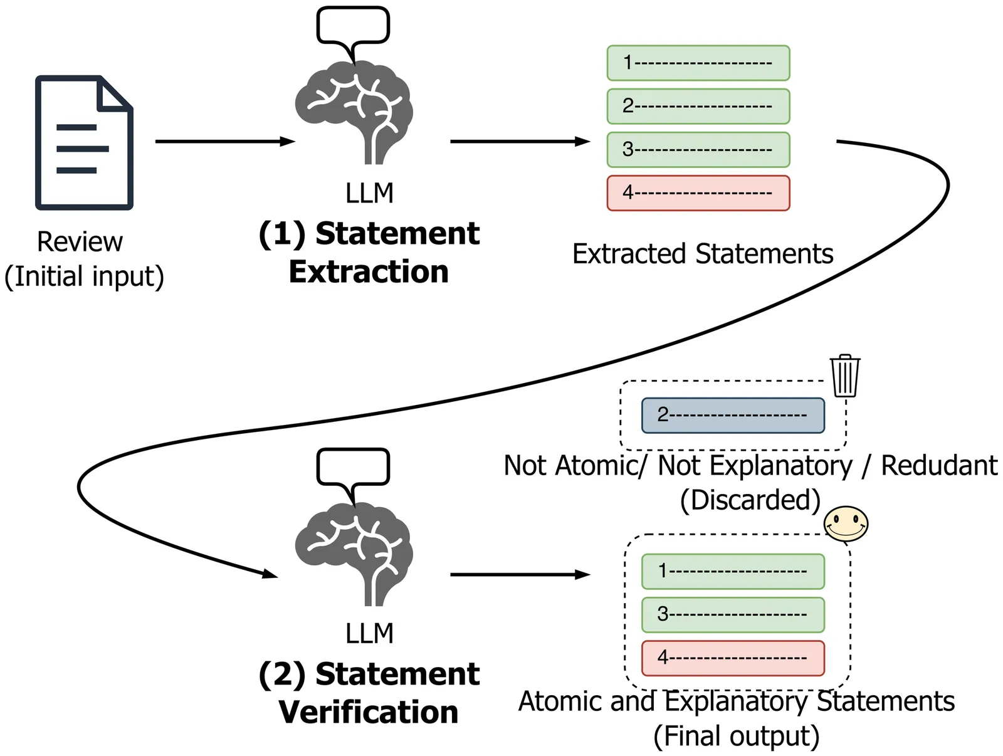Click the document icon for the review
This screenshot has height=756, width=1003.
point(84,142)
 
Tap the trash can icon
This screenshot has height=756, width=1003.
point(845,375)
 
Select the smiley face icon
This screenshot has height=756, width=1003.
point(846,524)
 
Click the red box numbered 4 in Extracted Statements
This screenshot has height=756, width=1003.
point(698,193)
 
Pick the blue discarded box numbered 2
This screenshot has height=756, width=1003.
point(733,415)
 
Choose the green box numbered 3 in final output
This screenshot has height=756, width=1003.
point(733,614)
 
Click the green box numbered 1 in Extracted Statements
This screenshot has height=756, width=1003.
point(698,63)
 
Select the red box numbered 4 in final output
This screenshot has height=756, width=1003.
point(733,658)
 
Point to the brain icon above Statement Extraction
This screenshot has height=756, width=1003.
point(354,113)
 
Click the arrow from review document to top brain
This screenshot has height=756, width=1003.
point(224,142)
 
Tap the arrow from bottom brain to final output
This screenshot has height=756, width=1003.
point(520,574)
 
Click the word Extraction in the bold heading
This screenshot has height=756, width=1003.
point(369,272)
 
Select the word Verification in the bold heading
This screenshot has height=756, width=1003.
point(369,713)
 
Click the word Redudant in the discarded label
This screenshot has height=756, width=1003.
point(939,466)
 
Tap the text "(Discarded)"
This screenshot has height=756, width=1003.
point(750,500)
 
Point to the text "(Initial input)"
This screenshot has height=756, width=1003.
point(84,276)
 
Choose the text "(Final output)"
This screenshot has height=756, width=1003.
point(737,736)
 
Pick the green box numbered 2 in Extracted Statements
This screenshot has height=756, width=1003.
point(698,106)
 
